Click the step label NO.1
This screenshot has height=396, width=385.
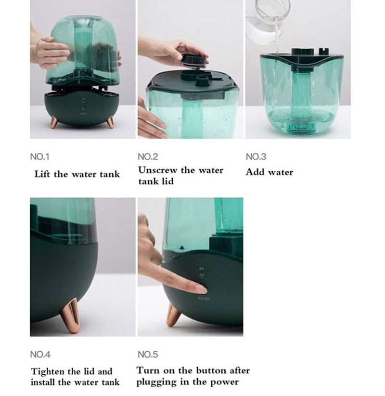coord(40,157)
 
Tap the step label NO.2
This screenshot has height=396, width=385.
coord(148,157)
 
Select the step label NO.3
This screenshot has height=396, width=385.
coord(256,157)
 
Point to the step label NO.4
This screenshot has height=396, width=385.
coord(40,355)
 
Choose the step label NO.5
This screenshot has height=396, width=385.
coord(148,355)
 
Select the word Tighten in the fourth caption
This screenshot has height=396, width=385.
coord(48,372)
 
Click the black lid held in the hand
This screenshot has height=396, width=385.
coord(194,61)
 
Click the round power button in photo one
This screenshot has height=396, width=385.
coord(83,109)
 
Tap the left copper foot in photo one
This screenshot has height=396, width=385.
coord(54,123)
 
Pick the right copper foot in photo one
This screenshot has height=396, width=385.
coord(110,123)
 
